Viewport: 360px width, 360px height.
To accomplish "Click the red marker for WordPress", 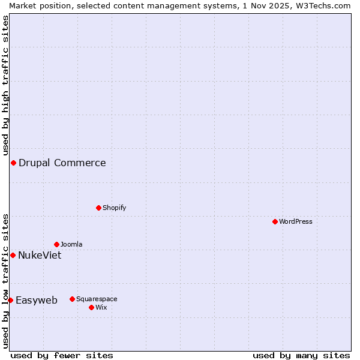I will point(275,221).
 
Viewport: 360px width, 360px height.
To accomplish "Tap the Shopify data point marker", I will point(98,208).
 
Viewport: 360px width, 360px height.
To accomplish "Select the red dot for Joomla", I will point(56,244).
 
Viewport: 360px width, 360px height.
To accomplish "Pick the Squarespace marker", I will point(72,299).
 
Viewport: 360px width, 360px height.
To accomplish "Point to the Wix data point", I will point(91,307).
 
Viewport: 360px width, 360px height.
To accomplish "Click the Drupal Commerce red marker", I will point(13,163).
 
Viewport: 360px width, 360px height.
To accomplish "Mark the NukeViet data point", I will point(13,255).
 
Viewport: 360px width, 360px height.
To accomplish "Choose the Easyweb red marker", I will point(10,300).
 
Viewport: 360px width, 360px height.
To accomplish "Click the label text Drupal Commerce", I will point(62,163).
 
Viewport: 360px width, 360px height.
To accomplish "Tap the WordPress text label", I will point(296,221).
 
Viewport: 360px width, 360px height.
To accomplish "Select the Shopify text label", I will point(114,208).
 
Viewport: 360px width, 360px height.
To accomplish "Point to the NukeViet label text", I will point(40,255).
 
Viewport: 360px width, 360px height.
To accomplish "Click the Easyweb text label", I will point(37,300).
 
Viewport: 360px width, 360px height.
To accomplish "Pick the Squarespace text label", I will point(97,299).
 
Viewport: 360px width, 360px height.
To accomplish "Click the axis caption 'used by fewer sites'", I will point(62,355).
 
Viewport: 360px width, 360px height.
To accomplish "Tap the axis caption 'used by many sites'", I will point(301,355).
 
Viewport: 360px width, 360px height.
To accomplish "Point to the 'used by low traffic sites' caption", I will point(5,280).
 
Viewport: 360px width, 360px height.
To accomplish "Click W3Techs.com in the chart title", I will point(322,5).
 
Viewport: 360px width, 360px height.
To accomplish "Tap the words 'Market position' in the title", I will point(38,5).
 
